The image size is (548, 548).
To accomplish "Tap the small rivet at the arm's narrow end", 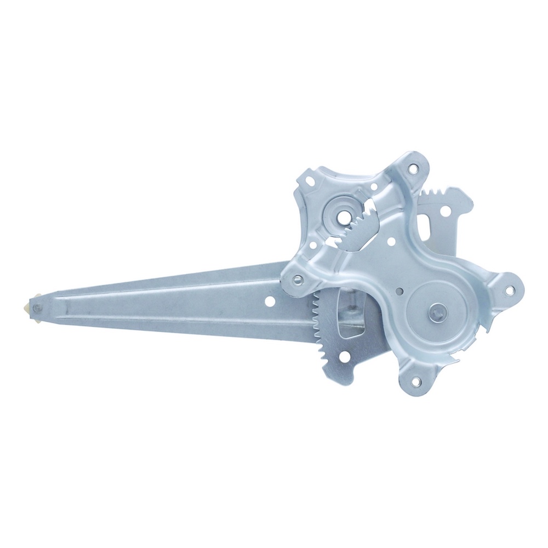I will pos(37,309).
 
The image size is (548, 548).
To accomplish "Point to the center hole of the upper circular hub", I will pos(342,215).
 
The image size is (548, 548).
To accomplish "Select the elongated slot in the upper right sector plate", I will pos(427,226).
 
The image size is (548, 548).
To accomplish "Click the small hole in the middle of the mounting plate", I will pos(390,239).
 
